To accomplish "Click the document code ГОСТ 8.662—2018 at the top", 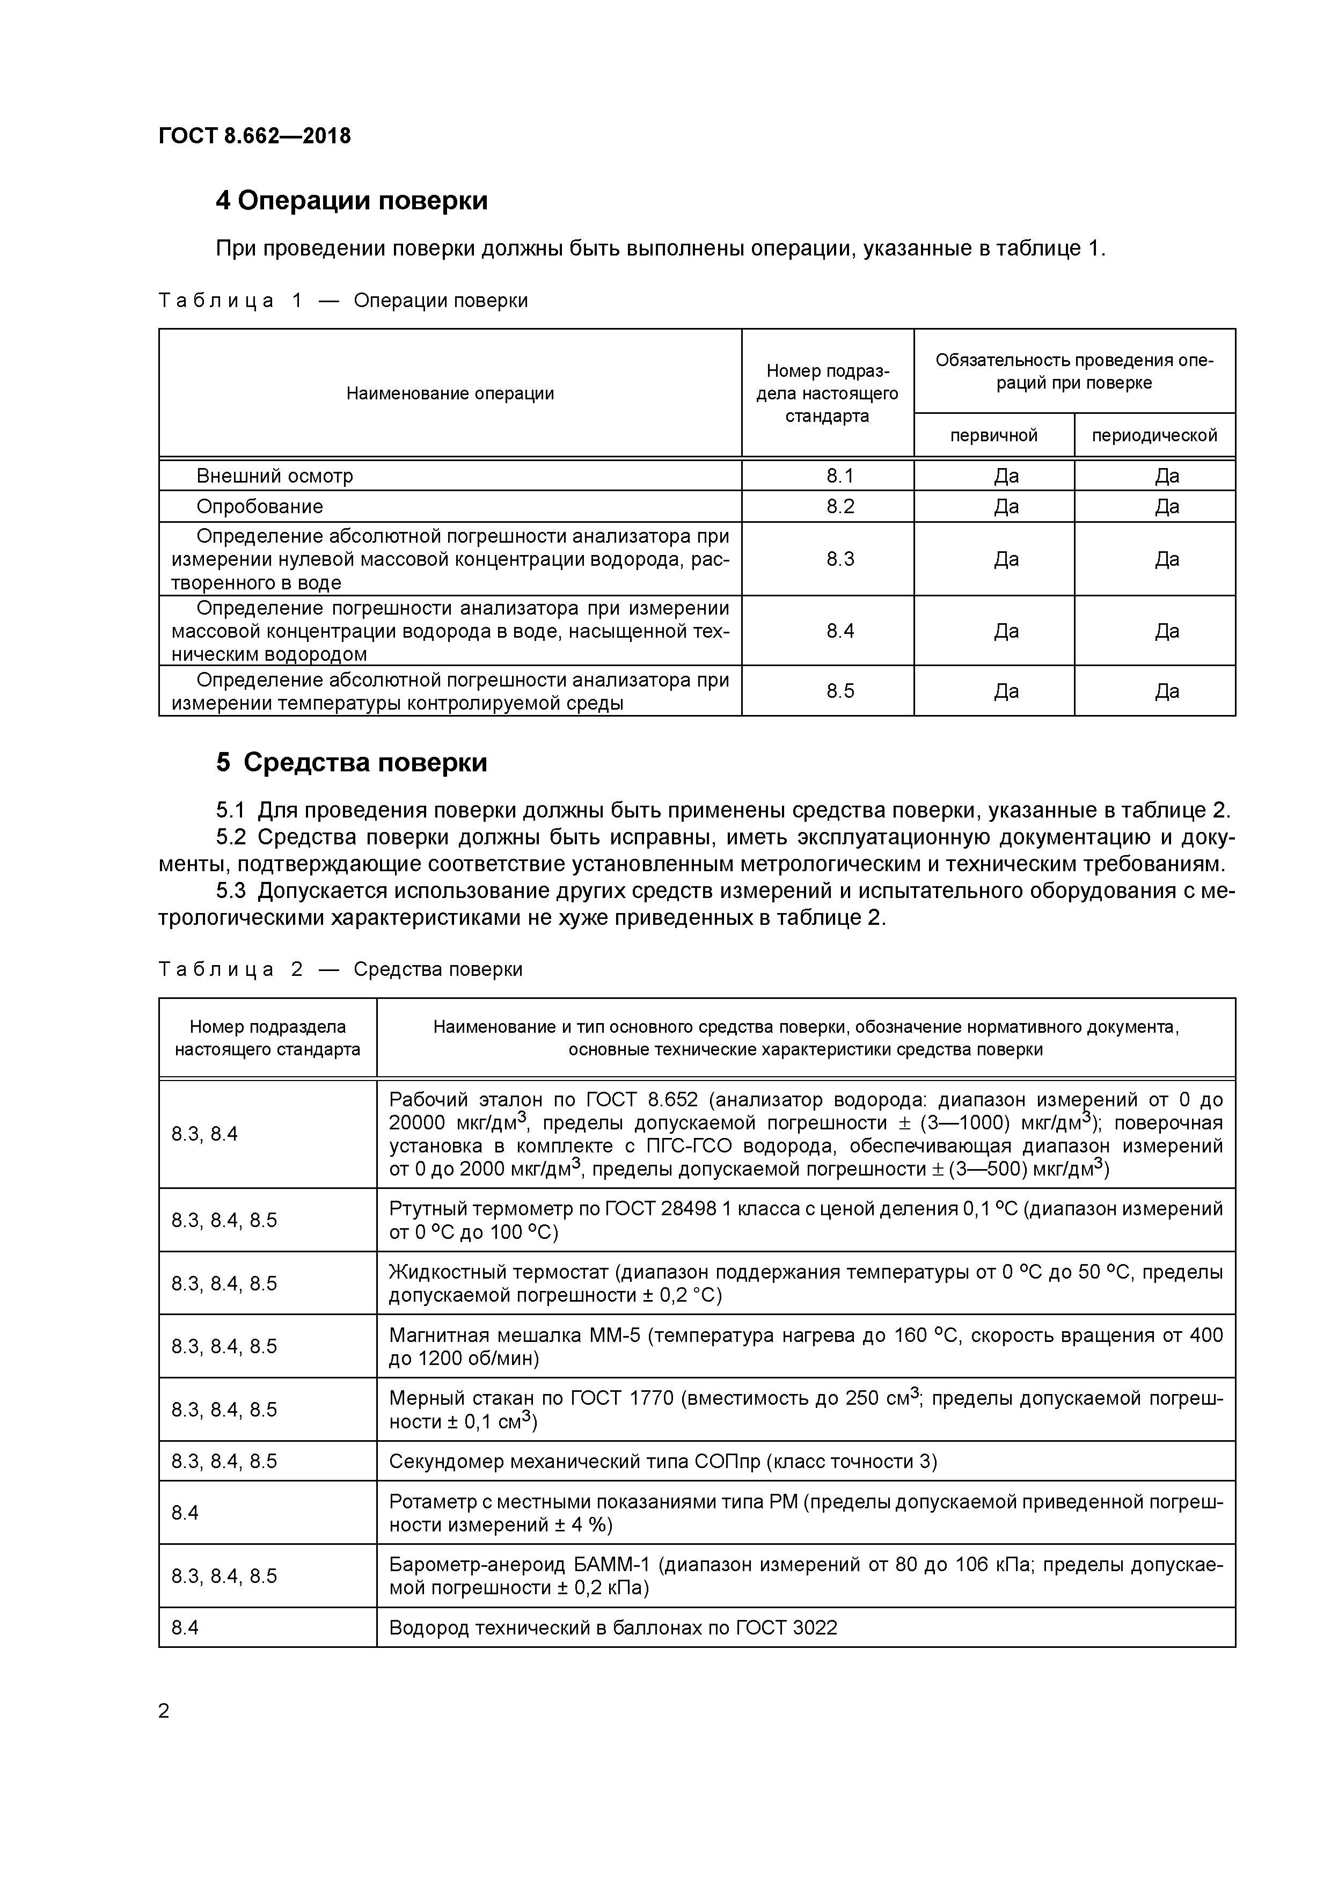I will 254,136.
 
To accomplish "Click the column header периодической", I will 1154,435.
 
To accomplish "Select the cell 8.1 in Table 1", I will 840,476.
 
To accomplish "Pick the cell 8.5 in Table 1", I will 840,691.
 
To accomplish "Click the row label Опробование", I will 259,507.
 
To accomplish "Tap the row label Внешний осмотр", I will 275,476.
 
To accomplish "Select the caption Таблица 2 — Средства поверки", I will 340,969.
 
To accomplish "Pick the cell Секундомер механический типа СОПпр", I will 663,1462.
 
